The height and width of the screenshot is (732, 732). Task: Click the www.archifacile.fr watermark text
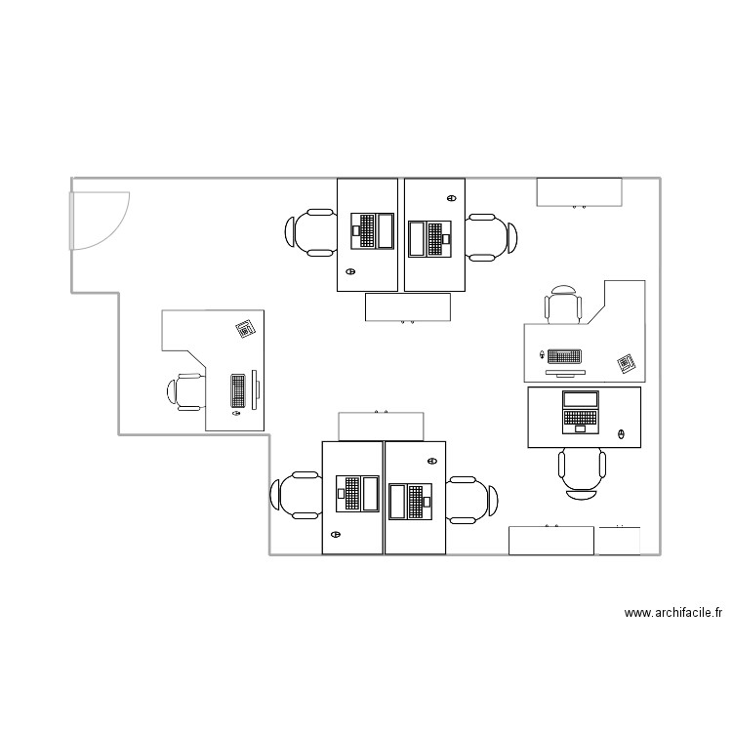click(673, 614)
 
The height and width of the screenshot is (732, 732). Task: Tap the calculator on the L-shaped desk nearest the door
click(245, 329)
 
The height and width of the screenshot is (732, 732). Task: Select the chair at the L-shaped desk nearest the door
click(185, 392)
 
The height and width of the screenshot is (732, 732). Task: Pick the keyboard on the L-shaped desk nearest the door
click(237, 390)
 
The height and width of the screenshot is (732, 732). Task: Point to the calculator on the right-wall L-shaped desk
click(626, 364)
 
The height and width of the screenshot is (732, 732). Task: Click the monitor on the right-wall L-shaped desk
click(564, 372)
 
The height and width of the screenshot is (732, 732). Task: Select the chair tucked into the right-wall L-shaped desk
click(563, 305)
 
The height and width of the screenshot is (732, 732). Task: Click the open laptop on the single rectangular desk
click(580, 411)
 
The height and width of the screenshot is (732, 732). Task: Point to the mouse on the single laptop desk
click(622, 433)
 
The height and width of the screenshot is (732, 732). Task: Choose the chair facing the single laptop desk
click(583, 472)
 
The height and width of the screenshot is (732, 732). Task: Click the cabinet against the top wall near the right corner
click(579, 192)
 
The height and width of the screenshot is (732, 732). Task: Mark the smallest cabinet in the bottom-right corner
click(619, 541)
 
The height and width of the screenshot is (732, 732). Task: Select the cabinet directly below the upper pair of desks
click(407, 306)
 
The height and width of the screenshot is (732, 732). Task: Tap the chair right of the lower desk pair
click(472, 500)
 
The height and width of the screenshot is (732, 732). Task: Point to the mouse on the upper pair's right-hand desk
click(450, 199)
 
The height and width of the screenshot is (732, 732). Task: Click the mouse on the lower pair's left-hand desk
click(337, 534)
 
